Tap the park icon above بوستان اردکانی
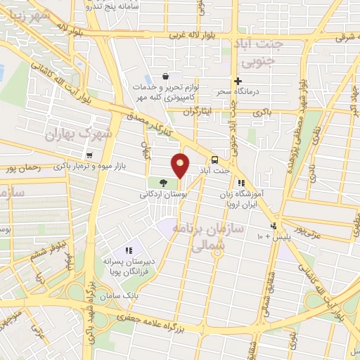click(x=153, y=183)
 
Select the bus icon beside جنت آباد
click(x=214, y=160)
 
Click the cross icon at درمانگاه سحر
click(x=238, y=82)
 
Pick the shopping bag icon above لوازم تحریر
click(x=165, y=77)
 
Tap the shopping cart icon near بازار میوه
click(x=89, y=155)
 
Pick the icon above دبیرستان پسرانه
click(x=129, y=250)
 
